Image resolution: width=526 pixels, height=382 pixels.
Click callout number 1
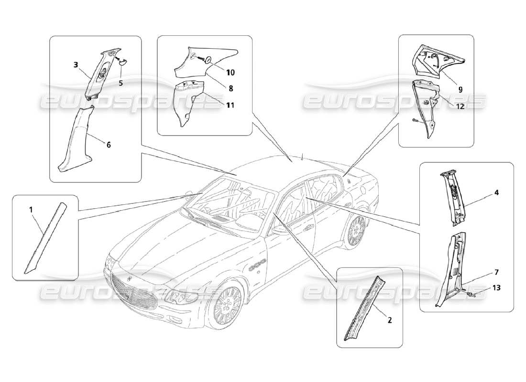tap(31, 209)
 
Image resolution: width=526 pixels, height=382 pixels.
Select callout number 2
tap(389, 320)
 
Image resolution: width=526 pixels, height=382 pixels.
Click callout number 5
tap(121, 83)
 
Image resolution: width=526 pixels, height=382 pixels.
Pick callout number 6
tap(109, 144)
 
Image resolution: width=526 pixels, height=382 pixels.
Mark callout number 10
tap(230, 73)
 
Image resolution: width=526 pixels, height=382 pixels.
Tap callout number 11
tap(230, 105)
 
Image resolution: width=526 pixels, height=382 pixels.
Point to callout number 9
tap(460, 88)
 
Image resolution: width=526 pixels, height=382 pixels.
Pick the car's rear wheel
tap(355, 231)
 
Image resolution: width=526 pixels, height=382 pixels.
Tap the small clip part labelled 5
tap(121, 61)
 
